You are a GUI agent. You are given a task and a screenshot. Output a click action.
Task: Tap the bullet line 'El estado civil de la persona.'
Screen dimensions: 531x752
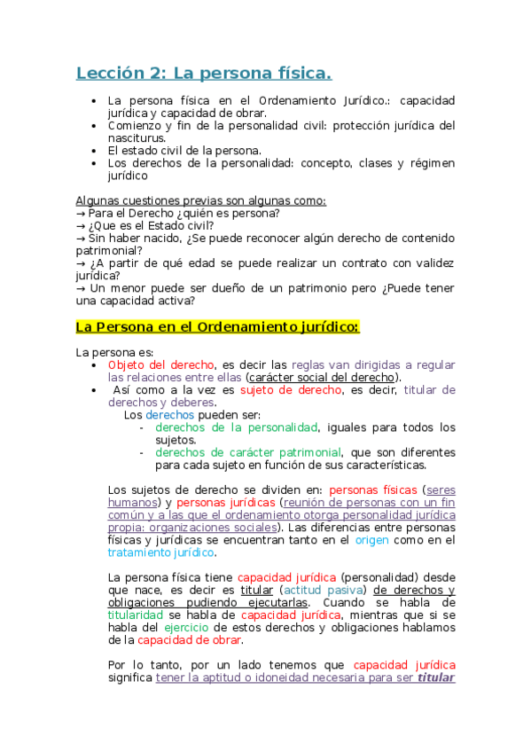pyautogui.click(x=184, y=151)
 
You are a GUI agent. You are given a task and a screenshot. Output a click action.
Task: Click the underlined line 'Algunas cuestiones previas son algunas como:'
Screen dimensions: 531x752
pyautogui.click(x=201, y=200)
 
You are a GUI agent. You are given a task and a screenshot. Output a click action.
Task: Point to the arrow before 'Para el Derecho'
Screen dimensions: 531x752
pyautogui.click(x=81, y=214)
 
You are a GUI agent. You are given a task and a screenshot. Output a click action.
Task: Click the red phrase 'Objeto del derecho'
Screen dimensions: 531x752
pyautogui.click(x=160, y=364)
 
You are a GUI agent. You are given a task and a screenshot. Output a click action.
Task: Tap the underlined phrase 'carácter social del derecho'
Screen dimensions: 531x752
pyautogui.click(x=320, y=377)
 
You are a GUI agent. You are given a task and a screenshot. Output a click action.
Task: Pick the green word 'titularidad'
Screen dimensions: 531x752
pyautogui.click(x=136, y=615)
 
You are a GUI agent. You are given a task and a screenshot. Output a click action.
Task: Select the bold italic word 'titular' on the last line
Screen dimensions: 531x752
pyautogui.click(x=436, y=678)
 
